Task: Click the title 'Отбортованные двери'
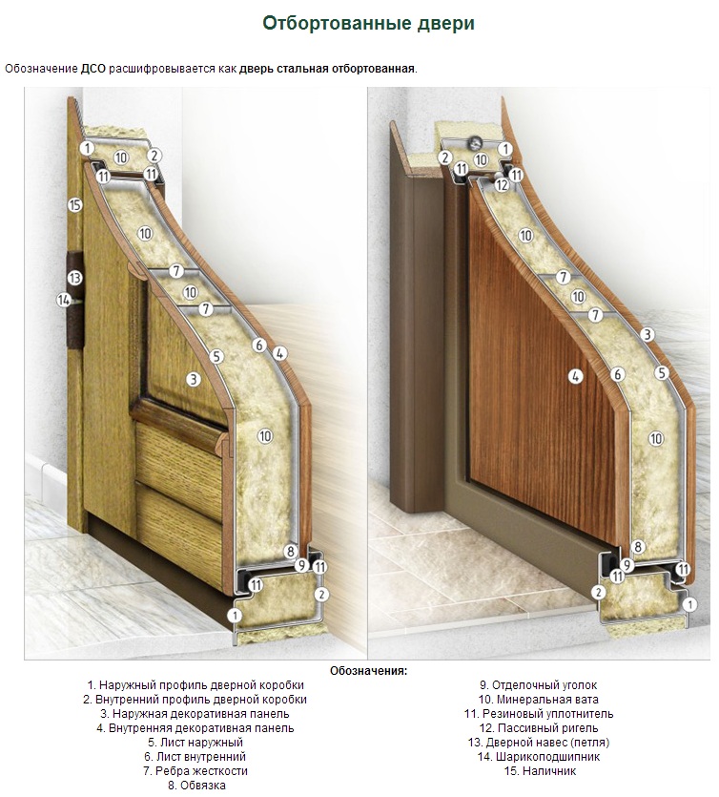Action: click(x=368, y=23)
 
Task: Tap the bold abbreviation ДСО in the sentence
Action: click(x=93, y=69)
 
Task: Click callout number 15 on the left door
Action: click(x=75, y=205)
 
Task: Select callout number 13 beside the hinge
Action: click(x=74, y=278)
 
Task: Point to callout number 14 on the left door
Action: click(x=63, y=301)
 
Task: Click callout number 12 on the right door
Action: click(x=502, y=185)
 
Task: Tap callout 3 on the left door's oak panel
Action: click(x=194, y=379)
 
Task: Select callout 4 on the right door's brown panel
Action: click(x=575, y=377)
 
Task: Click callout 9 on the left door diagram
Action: click(x=301, y=565)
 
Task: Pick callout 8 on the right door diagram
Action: click(x=638, y=548)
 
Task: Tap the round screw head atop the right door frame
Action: click(x=476, y=143)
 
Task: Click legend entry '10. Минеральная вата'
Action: click(x=538, y=700)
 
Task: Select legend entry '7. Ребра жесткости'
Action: click(x=195, y=771)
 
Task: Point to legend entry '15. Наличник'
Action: click(x=540, y=771)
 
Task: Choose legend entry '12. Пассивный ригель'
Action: click(x=539, y=728)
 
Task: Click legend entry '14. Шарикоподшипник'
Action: click(x=539, y=757)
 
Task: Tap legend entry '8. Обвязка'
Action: click(x=196, y=786)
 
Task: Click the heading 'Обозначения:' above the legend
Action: click(x=369, y=670)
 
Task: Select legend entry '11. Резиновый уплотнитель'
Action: click(x=539, y=714)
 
